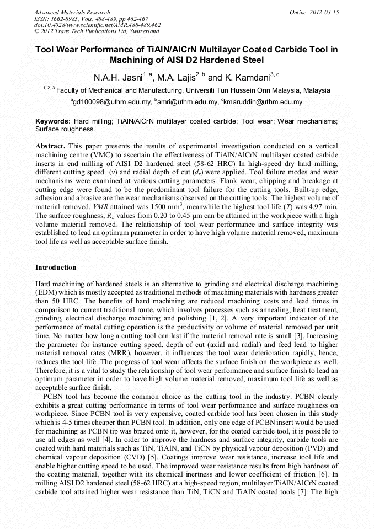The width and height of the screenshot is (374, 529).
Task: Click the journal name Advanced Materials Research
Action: [72, 12]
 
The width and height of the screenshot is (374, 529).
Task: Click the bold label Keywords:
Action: [53, 121]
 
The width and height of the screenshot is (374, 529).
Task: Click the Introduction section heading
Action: [56, 268]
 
